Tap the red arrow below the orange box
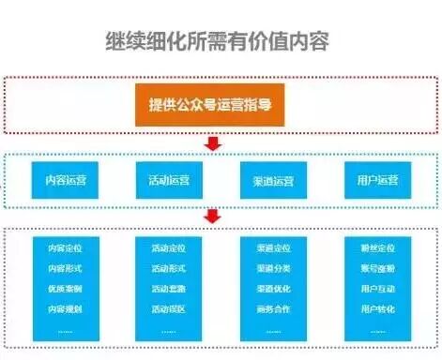tap(212, 143)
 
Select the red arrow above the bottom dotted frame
tap(212, 216)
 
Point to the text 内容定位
tap(65, 249)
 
